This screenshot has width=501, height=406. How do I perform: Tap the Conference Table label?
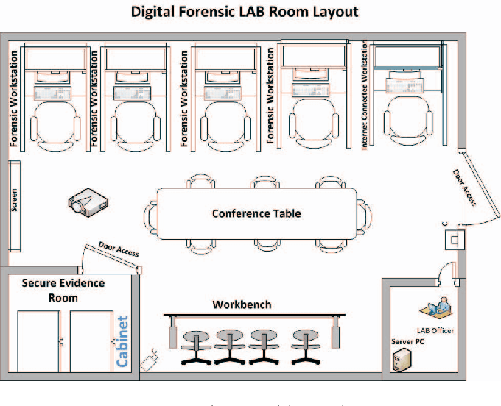coord(256,214)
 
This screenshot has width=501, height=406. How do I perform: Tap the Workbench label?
coord(242,304)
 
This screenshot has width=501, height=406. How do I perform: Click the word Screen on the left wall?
coord(14,199)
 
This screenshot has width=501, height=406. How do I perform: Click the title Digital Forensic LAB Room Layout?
coord(245,12)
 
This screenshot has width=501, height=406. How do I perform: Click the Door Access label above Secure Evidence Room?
coord(118,249)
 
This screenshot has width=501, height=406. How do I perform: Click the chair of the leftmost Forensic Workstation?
coord(59,122)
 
